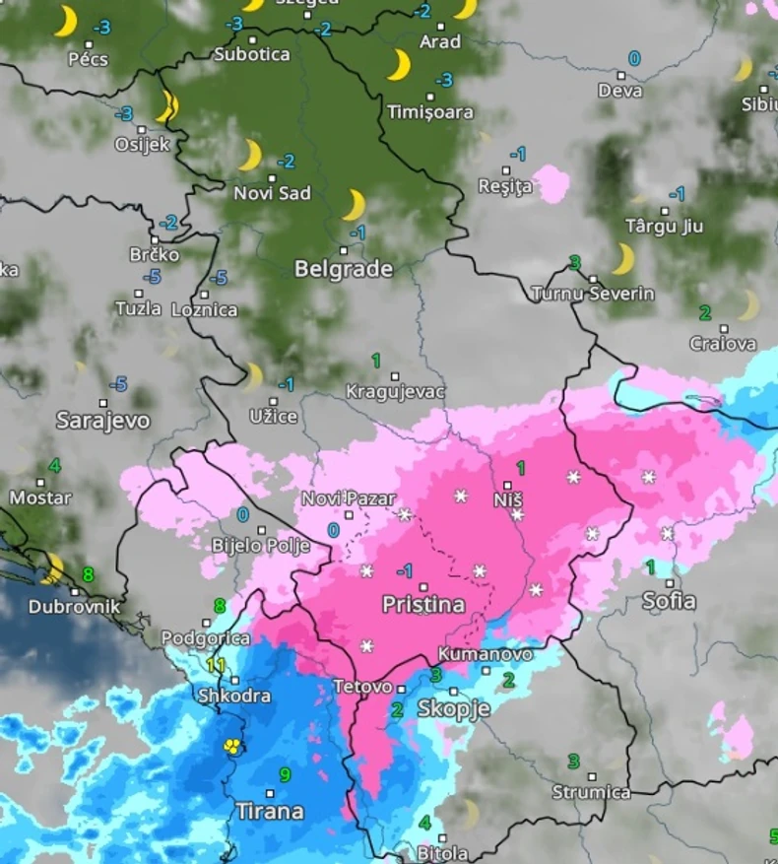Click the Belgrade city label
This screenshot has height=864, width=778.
(343, 269)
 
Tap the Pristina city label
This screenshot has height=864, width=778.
(422, 604)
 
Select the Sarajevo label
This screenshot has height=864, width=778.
(102, 421)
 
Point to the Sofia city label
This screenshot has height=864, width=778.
(669, 600)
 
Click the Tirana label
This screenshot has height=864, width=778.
(269, 811)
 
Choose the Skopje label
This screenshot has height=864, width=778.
(453, 707)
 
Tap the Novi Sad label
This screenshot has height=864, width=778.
(272, 193)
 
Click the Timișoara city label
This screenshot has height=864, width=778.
(429, 112)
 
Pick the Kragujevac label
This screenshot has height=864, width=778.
(396, 392)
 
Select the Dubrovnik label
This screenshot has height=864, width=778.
(74, 606)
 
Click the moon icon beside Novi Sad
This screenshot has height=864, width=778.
(250, 155)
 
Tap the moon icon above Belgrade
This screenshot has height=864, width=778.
(354, 205)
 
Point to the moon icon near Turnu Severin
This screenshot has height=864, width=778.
(622, 259)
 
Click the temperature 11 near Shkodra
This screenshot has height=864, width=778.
(217, 664)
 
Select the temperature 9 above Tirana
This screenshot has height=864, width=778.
(285, 774)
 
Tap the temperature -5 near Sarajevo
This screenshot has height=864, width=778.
(118, 383)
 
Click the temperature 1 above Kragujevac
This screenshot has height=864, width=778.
(375, 361)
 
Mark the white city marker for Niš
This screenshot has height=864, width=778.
(507, 486)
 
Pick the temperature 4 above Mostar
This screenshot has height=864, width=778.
(54, 465)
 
